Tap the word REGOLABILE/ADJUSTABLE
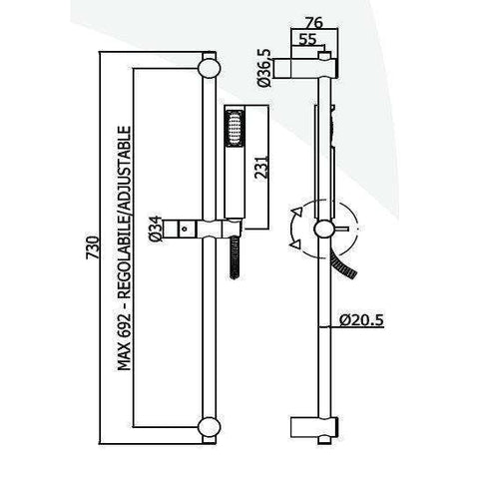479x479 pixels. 127,205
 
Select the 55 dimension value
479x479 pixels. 307,40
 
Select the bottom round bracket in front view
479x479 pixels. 210,427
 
